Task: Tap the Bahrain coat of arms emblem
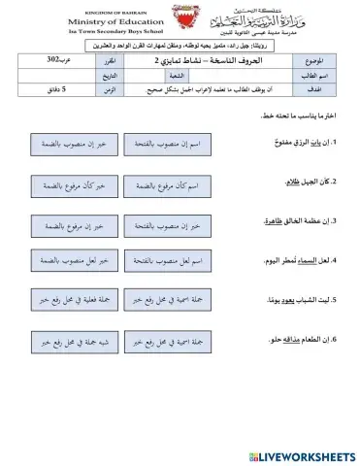click(x=180, y=21)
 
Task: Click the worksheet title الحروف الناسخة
click(x=212, y=60)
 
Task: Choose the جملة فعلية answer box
click(x=82, y=301)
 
